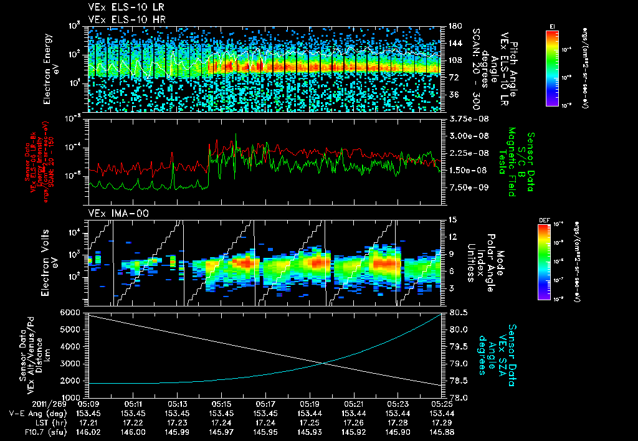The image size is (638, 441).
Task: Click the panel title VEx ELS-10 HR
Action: point(120,20)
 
